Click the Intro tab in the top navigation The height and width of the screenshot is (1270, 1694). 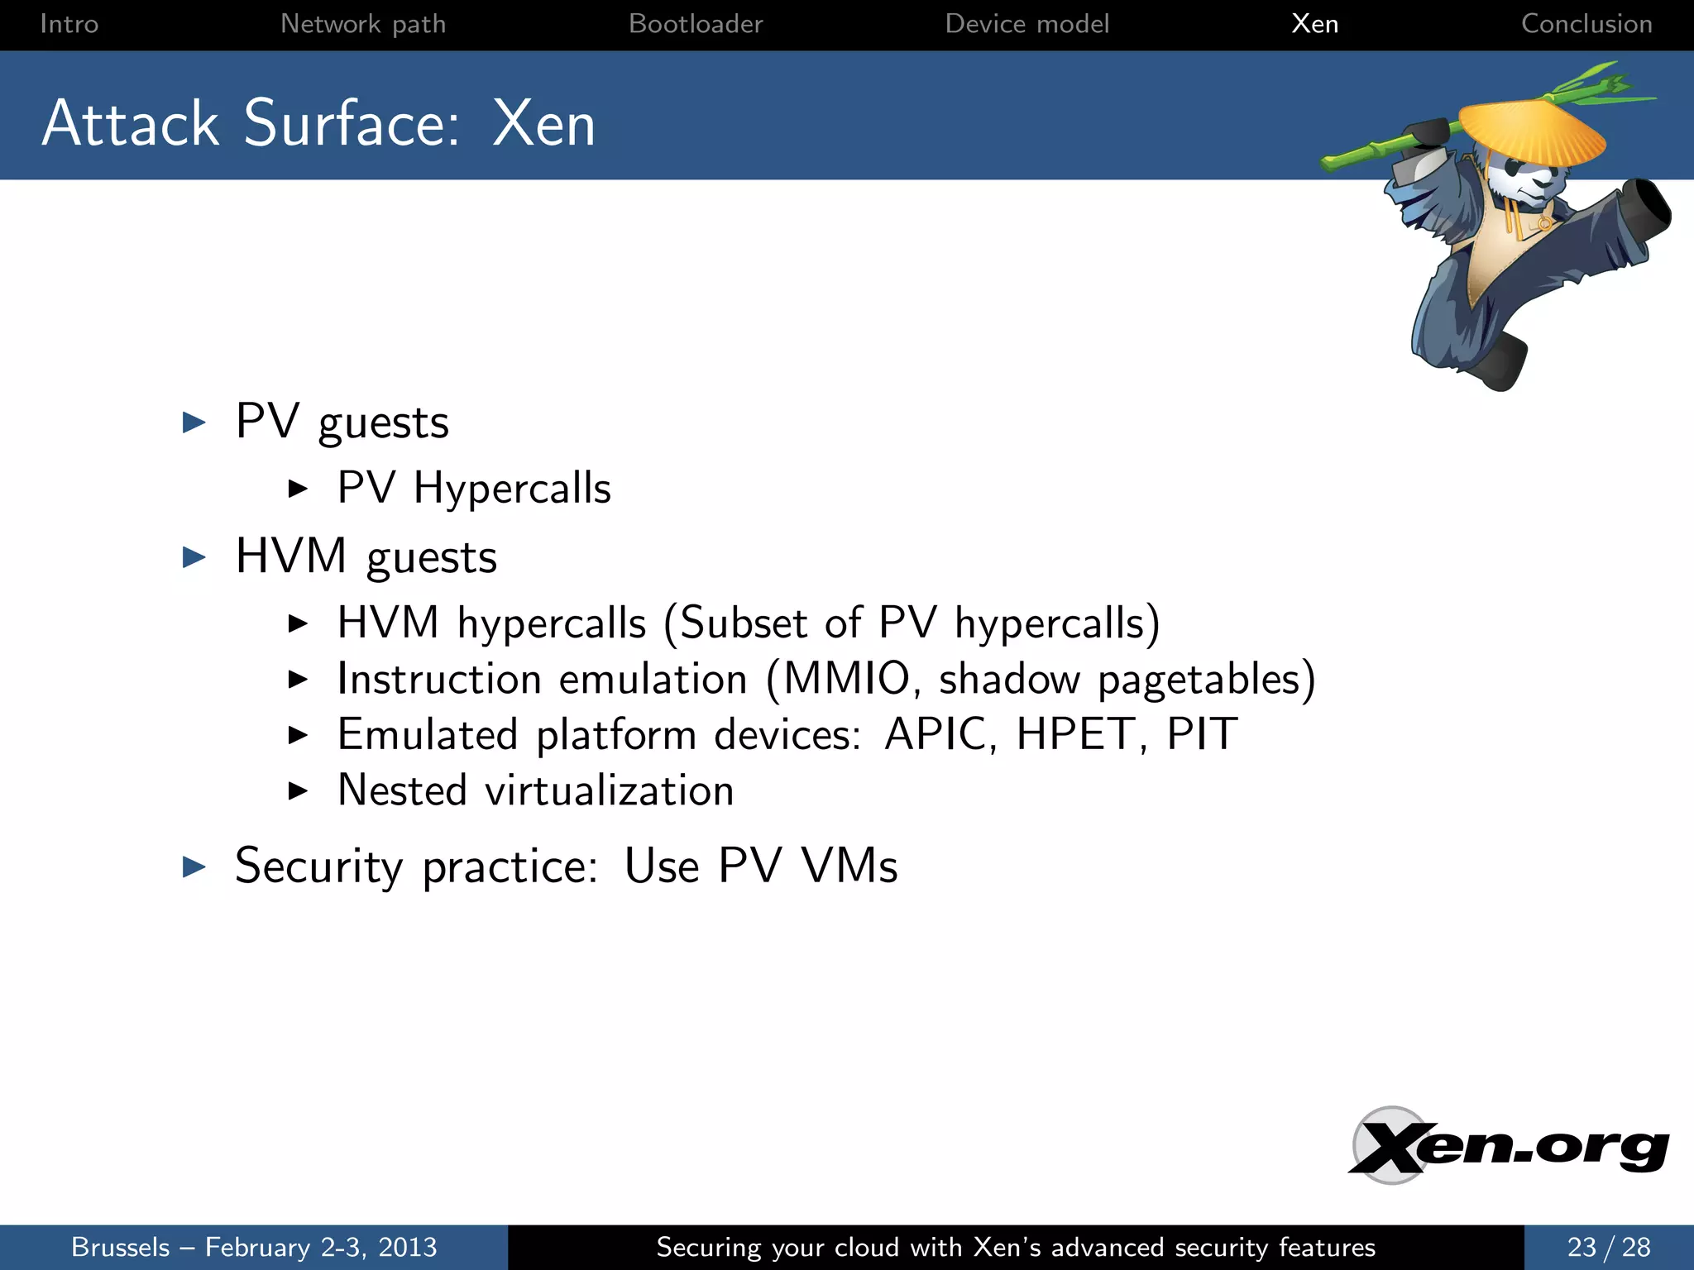click(69, 24)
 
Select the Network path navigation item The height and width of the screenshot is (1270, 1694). click(363, 24)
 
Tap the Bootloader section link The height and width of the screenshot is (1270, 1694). click(696, 24)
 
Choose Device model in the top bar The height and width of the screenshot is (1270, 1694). click(1026, 24)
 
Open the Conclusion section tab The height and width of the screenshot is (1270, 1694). click(1586, 24)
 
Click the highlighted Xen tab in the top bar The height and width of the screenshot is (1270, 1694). click(1314, 24)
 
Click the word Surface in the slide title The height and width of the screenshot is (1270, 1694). click(352, 124)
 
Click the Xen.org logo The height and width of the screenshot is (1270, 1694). click(1509, 1147)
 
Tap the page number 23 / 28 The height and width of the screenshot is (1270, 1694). click(1608, 1247)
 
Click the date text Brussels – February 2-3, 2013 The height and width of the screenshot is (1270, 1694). click(254, 1247)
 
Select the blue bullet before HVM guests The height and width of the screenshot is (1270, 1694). click(194, 556)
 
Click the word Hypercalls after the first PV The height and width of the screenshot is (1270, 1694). click(512, 488)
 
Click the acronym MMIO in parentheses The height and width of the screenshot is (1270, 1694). click(846, 679)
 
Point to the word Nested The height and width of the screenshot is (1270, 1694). click(403, 790)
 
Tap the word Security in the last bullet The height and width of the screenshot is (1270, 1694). click(318, 867)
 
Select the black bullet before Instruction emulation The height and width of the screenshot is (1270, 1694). click(298, 680)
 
